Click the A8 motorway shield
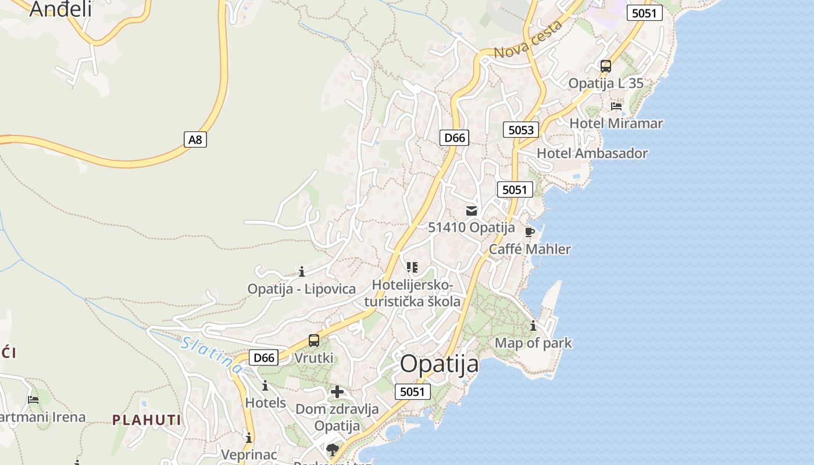click(x=196, y=139)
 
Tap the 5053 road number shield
click(x=520, y=130)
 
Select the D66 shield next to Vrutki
click(x=263, y=357)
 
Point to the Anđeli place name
click(x=60, y=9)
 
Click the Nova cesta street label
click(x=529, y=39)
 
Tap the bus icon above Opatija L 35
click(x=606, y=66)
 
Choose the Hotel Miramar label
click(x=616, y=123)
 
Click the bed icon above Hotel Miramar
click(x=616, y=106)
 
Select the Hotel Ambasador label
click(x=592, y=153)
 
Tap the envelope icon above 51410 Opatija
click(x=472, y=210)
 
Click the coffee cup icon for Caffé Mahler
click(x=530, y=232)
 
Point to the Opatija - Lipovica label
click(x=301, y=289)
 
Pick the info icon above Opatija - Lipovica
click(x=302, y=271)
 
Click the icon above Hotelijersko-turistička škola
click(x=412, y=267)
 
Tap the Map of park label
click(x=533, y=343)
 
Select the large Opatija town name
click(x=440, y=364)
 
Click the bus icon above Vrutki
click(x=314, y=341)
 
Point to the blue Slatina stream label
click(x=212, y=355)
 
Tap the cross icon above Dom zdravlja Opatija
click(x=337, y=392)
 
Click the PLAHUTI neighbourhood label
click(x=147, y=420)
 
